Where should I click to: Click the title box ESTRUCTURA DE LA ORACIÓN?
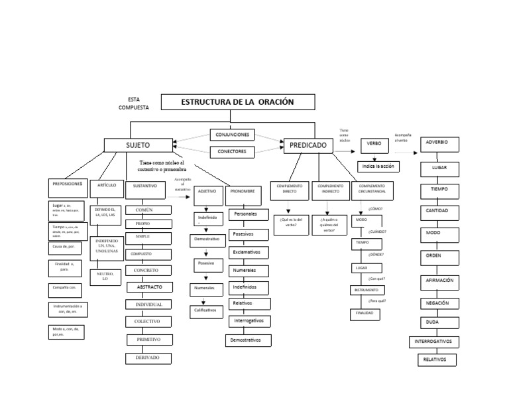pyautogui.click(x=238, y=101)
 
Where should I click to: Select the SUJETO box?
pyautogui.click(x=138, y=145)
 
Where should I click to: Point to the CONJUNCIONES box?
pyautogui.click(x=231, y=135)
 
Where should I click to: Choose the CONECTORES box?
pyautogui.click(x=231, y=152)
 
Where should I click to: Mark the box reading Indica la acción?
pyautogui.click(x=378, y=166)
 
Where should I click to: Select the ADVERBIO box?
pyautogui.click(x=440, y=143)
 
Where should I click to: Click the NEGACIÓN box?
pyautogui.click(x=438, y=302)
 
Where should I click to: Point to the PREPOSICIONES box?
pyautogui.click(x=67, y=183)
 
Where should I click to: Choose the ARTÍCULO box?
pyautogui.click(x=105, y=186)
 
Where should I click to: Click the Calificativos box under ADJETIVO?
pyautogui.click(x=205, y=310)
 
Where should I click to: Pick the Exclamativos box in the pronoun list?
pyautogui.click(x=247, y=253)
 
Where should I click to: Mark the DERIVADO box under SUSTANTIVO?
pyautogui.click(x=148, y=358)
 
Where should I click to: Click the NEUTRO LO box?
pyautogui.click(x=105, y=277)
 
